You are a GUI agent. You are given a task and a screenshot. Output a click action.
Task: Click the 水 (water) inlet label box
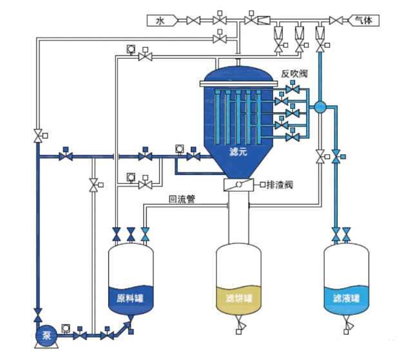coord(162,21)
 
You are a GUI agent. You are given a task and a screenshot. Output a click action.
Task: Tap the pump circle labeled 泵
coord(46,335)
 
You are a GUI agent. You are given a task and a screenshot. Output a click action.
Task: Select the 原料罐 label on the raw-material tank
coord(130,298)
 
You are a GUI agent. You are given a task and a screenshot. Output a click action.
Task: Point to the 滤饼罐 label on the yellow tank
coord(239,298)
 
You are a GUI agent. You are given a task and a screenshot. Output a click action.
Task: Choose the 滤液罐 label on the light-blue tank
coord(346,298)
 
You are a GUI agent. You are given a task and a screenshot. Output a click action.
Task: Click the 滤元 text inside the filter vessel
coord(238,152)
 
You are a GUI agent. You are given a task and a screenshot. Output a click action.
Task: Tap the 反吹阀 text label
coord(295,74)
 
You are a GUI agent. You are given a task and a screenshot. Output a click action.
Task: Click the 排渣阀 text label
coord(280,185)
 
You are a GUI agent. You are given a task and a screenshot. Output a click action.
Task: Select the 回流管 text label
coord(182,199)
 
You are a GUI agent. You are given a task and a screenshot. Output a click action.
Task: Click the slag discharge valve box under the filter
coord(238,185)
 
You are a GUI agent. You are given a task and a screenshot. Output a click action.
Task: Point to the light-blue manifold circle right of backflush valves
coord(320,107)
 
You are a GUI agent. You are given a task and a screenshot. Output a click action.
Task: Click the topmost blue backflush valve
coord(293,89)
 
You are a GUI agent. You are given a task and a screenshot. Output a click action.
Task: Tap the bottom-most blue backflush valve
coord(293,137)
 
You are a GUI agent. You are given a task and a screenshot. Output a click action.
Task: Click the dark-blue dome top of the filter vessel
coord(238,74)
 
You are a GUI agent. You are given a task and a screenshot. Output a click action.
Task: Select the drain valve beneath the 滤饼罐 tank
coord(240,324)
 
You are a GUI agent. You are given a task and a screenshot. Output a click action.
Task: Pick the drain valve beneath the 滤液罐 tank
coord(347,324)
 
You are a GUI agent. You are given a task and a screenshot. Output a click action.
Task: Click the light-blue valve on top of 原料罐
coord(145,234)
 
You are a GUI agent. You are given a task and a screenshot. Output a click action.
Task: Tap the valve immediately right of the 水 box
coord(193,21)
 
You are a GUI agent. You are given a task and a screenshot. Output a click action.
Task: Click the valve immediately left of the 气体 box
coord(336,21)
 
